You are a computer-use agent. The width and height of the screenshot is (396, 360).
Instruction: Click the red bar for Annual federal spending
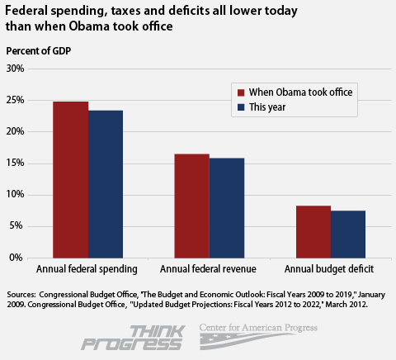[x=71, y=180]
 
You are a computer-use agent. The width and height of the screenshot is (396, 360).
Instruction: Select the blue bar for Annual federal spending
[x=106, y=184]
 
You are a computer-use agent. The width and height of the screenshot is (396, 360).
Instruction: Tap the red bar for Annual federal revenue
[x=192, y=206]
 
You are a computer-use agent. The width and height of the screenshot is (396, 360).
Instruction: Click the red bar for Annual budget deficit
[x=313, y=232]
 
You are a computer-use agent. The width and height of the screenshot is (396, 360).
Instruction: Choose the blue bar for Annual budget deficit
[x=348, y=234]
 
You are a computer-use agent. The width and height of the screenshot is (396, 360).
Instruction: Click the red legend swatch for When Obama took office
[x=243, y=92]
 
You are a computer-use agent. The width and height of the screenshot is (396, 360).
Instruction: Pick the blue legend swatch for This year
[x=243, y=107]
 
